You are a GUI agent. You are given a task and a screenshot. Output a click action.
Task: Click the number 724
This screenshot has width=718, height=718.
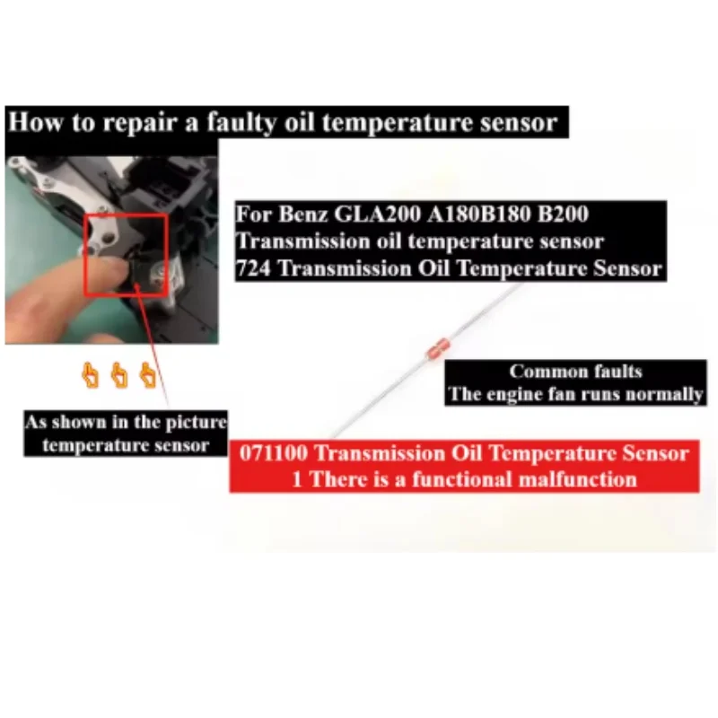(254, 267)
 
